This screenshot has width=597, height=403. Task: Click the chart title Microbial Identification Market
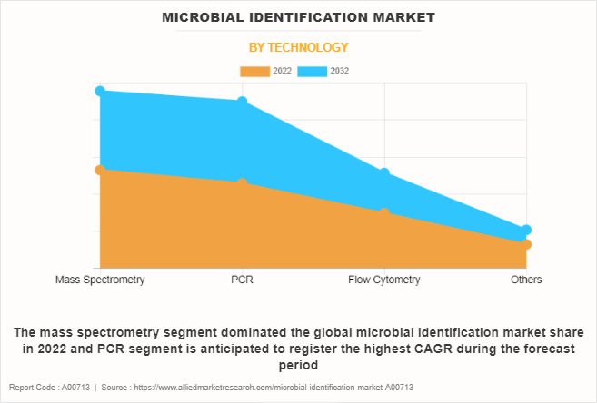pyautogui.click(x=298, y=17)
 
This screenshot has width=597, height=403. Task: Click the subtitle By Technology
pyautogui.click(x=298, y=47)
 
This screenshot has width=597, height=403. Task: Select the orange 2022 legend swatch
pyautogui.click(x=254, y=71)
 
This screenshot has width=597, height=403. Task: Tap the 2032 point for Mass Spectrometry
pyautogui.click(x=100, y=91)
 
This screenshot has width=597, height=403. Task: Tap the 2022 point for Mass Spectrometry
pyautogui.click(x=100, y=170)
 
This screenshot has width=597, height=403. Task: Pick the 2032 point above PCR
pyautogui.click(x=243, y=102)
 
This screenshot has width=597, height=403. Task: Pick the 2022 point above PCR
pyautogui.click(x=243, y=183)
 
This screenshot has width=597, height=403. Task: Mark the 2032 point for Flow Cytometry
pyautogui.click(x=384, y=172)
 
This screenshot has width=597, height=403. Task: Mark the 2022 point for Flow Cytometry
pyautogui.click(x=384, y=212)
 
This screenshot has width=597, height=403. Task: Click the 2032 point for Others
pyautogui.click(x=526, y=231)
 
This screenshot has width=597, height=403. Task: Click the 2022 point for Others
pyautogui.click(x=526, y=244)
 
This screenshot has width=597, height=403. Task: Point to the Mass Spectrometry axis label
pyautogui.click(x=100, y=280)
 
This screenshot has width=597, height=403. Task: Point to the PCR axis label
pyautogui.click(x=243, y=280)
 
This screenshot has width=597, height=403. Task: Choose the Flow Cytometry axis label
pyautogui.click(x=384, y=280)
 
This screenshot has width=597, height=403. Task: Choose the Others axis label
pyautogui.click(x=526, y=280)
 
